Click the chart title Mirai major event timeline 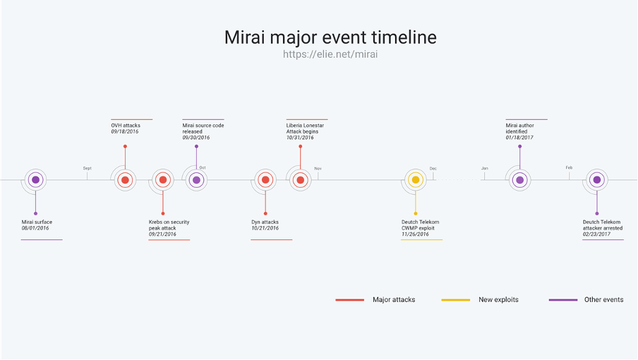[x=330, y=37]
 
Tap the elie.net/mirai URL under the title [x=330, y=54]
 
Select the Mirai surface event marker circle [x=35, y=180]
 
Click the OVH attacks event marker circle [x=126, y=180]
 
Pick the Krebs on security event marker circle [x=163, y=180]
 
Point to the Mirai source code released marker [x=196, y=180]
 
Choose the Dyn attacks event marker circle [x=265, y=180]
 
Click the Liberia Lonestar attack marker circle [x=300, y=180]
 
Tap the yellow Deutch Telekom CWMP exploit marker [x=416, y=180]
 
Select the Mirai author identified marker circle [x=519, y=180]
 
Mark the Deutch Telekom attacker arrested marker [x=597, y=180]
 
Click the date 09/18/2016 [x=125, y=132]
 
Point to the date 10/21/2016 [x=265, y=228]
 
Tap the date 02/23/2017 [x=596, y=234]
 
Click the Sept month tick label [x=87, y=168]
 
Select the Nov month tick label [x=318, y=169]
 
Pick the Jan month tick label [x=485, y=168]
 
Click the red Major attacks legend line [x=350, y=300]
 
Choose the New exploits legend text [x=498, y=300]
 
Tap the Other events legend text [x=604, y=300]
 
